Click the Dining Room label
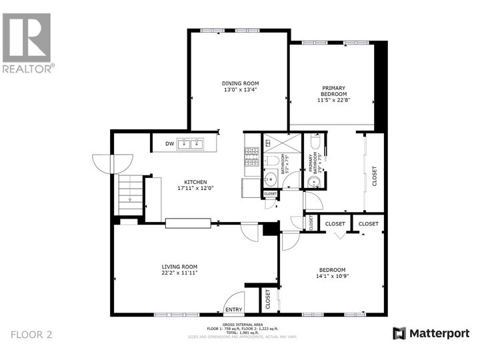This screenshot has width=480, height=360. tap(240, 83)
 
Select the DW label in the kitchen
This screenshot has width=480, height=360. tap(169, 143)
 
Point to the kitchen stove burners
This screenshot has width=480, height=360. tap(251, 157)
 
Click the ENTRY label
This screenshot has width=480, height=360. tap(233, 309)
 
